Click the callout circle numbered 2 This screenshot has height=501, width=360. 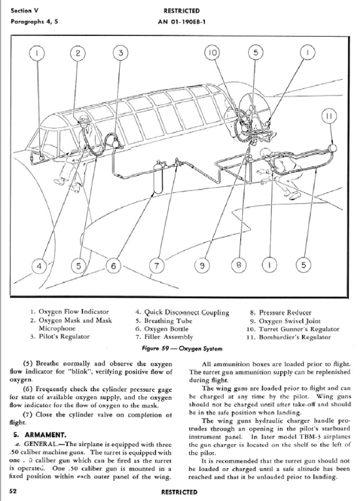pos(78,53)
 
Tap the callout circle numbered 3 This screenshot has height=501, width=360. pos(120,53)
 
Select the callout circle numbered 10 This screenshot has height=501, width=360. pos(212,53)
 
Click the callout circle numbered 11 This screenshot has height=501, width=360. pos(329,116)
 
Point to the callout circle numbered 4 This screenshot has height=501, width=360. pos(39,266)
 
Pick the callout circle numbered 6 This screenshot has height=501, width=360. pos(113,266)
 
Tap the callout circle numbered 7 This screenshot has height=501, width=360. pos(156,266)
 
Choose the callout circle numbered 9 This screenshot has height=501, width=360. pos(202,266)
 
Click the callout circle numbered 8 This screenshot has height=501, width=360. pos(239,265)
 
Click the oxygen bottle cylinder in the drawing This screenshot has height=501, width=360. pos(158,178)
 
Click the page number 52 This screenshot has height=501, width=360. pos(13,491)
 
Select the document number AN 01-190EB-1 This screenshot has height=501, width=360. pos(181,22)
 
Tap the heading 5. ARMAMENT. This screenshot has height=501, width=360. pos(40,434)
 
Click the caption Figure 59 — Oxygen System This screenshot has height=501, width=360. pos(181,348)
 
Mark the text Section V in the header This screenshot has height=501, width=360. pos(25,10)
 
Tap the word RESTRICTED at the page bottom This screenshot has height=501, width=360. pos(179,492)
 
